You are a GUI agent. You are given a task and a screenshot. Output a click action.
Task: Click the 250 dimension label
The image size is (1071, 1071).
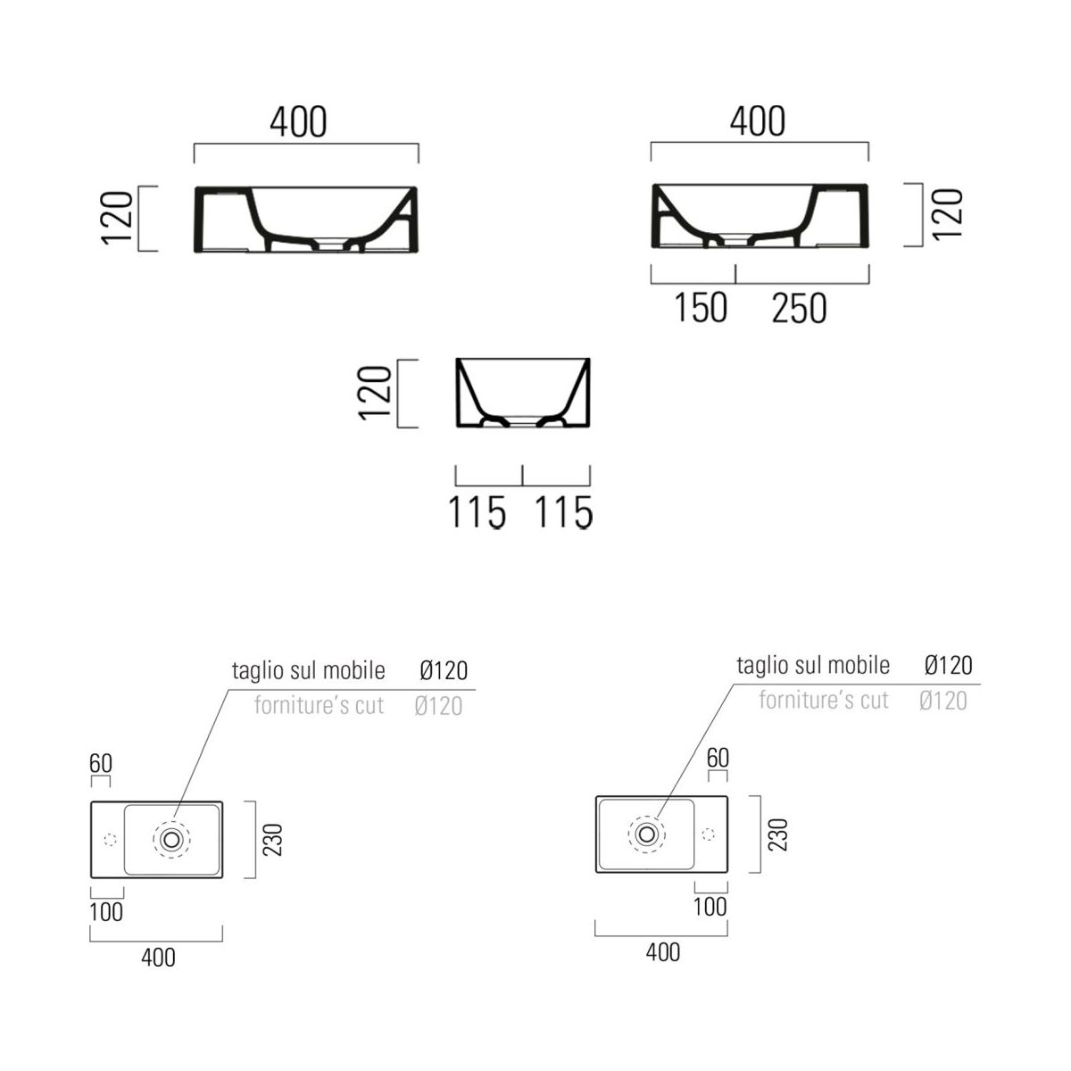799,309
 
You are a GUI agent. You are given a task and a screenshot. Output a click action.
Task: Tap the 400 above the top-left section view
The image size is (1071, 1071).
298,121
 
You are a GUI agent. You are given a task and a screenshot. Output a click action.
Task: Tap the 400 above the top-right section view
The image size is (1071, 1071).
757,120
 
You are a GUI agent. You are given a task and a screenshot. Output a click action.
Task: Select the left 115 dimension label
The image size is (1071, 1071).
477,511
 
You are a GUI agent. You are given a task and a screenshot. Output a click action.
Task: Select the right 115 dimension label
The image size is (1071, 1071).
563,511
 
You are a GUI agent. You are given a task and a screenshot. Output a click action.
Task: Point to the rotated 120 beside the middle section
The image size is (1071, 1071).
375,393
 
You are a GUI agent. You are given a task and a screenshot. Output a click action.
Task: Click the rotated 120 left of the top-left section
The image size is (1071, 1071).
117,217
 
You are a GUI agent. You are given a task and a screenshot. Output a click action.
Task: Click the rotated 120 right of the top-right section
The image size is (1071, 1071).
947,214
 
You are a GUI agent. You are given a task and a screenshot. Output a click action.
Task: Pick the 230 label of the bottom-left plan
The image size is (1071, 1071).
273,840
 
